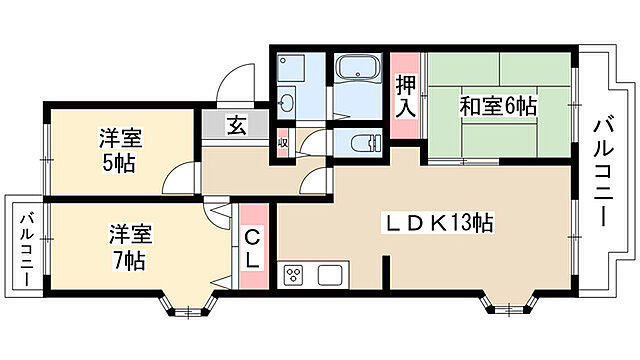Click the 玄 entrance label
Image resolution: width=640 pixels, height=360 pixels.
click(x=236, y=126)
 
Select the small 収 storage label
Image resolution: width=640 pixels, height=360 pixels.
click(x=283, y=141)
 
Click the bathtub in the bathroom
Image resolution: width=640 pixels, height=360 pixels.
click(x=355, y=69)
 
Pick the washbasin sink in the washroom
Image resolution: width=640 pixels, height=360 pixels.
click(x=289, y=101)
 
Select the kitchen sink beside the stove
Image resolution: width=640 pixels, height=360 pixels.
click(x=331, y=275)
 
